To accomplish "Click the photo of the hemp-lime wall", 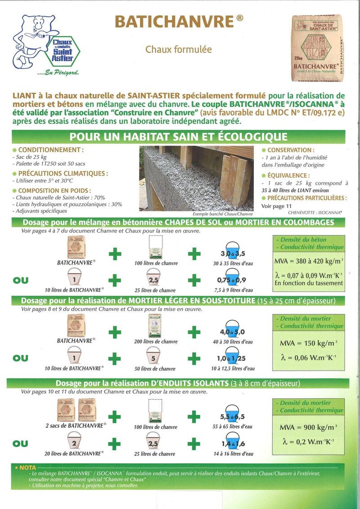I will (198, 178).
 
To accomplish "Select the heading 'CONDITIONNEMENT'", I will (50, 150).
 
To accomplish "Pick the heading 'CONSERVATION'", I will (290, 150).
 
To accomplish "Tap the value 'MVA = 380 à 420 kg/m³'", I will (308, 261).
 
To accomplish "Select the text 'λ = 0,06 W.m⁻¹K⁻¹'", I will (308, 357).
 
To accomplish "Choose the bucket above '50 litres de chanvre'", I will (154, 358).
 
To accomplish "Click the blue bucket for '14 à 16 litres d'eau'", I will (233, 443).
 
